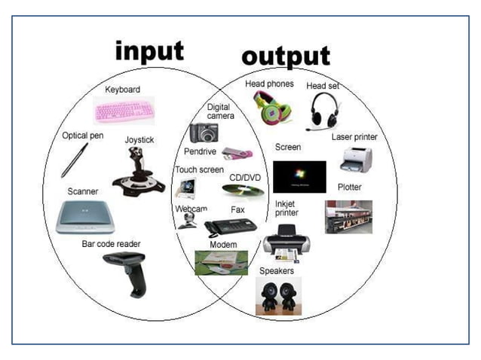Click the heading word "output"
pyautogui.click(x=285, y=56)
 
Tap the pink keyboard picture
pyautogui.click(x=124, y=111)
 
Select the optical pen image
pyautogui.click(x=75, y=160)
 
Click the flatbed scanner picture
pyautogui.click(x=84, y=217)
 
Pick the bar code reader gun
pyautogui.click(x=127, y=270)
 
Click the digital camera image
pyautogui.click(x=204, y=133)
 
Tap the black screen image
pyautogui.click(x=299, y=177)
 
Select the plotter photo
pyautogui.click(x=348, y=216)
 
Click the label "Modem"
pyautogui.click(x=223, y=245)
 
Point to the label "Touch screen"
pyautogui.click(x=199, y=169)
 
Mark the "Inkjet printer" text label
pyautogui.click(x=286, y=208)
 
